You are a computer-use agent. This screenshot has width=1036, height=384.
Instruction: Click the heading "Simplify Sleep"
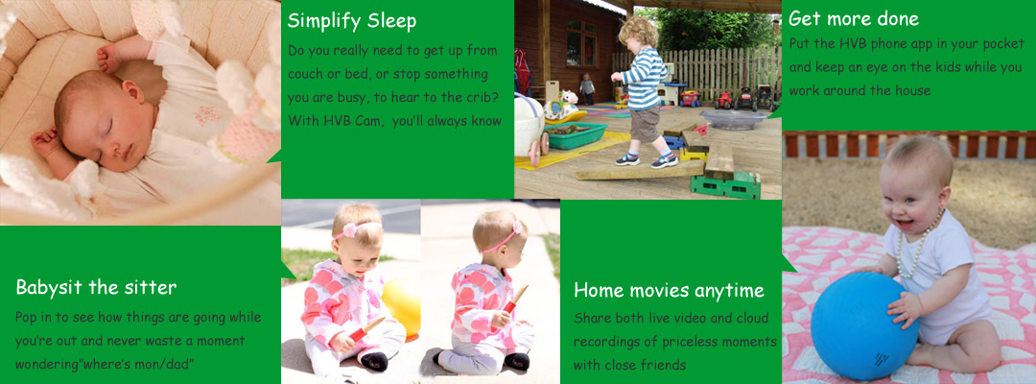(x=351, y=21)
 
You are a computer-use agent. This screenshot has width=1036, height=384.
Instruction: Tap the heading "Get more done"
(x=853, y=18)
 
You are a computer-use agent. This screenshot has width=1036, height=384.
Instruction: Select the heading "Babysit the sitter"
(x=96, y=287)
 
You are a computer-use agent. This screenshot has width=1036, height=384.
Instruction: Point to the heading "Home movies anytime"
(x=669, y=290)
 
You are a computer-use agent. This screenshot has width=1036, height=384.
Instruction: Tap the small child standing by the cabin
(x=586, y=88)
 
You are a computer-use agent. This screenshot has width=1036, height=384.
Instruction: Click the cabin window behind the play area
(x=580, y=42)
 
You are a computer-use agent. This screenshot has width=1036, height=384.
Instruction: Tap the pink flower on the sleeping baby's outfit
(x=207, y=113)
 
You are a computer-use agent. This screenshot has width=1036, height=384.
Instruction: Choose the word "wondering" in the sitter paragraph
(x=43, y=365)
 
